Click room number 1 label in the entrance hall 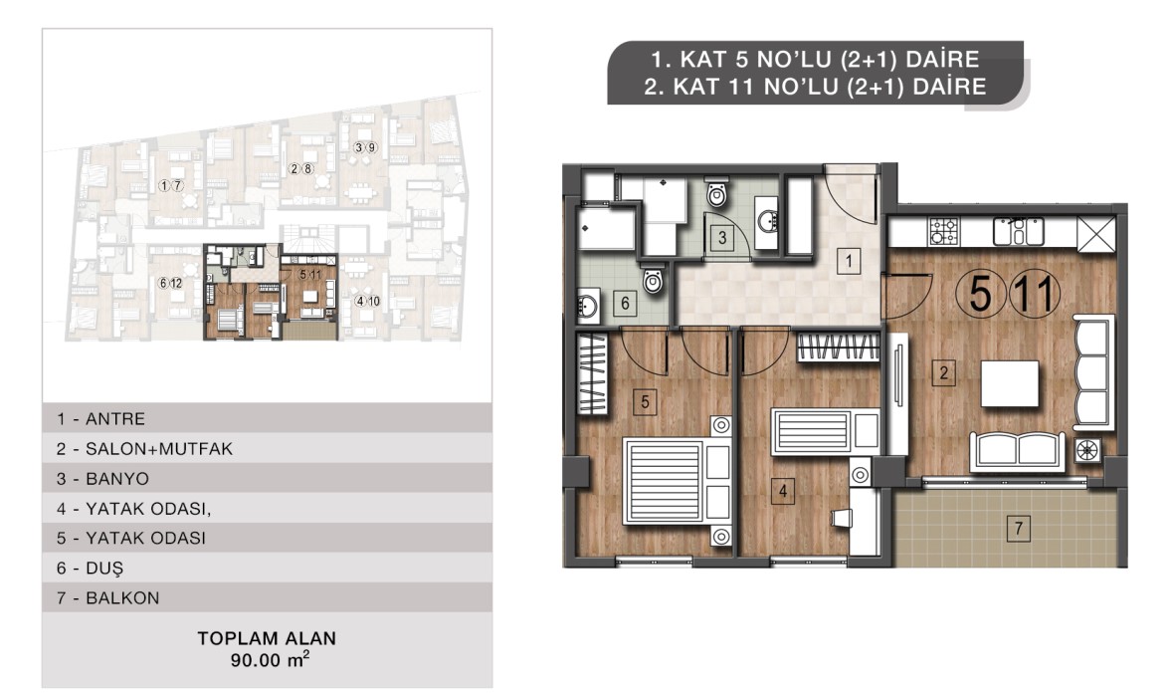(848, 262)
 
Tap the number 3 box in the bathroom (722, 238)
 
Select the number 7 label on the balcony (1018, 528)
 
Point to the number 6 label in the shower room (625, 304)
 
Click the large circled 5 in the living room (981, 293)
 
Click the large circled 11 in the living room (1035, 293)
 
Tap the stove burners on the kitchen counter (944, 232)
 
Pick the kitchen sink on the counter (1018, 232)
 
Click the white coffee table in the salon (1010, 383)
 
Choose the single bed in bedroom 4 (825, 431)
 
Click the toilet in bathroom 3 (716, 193)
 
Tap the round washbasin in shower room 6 (588, 306)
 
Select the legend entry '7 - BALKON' (107, 598)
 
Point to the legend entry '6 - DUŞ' (90, 569)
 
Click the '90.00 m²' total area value (269, 659)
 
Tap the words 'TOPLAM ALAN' (267, 638)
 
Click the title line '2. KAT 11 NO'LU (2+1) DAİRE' (815, 87)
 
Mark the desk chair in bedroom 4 (842, 518)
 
